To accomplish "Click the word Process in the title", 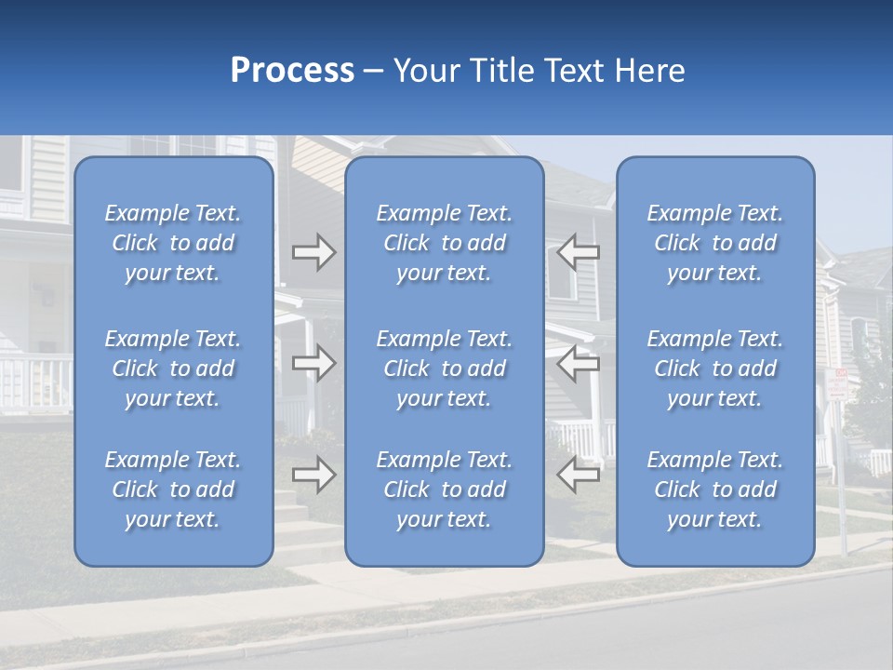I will point(292,71).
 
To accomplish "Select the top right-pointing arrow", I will point(314,252).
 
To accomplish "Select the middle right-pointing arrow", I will point(314,363).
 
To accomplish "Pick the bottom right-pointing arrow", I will point(314,476).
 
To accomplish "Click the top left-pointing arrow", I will point(578,252).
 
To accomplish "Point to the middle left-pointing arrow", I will point(578,363).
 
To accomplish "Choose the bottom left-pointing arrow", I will point(578,476).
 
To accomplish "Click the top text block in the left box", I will point(173,243).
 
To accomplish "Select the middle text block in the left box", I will point(173,368).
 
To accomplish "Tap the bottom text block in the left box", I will point(173,489).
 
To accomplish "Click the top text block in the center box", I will point(444,243).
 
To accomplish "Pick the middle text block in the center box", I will point(444,368).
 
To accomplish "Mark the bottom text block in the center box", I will point(444,489).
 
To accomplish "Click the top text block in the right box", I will point(714,243).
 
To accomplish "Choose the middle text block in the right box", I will point(714,368).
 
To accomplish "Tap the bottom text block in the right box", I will point(714,489).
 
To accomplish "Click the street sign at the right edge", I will point(837,384).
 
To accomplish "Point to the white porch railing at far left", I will point(35,382).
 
